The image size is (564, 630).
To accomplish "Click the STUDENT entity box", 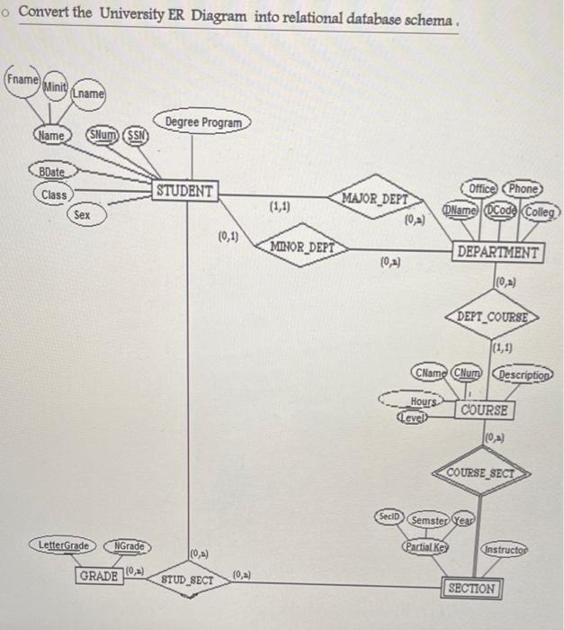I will pos(185,191).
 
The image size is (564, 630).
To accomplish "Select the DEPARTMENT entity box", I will pos(499,253).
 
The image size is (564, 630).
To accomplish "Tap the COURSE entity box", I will pos(485,410).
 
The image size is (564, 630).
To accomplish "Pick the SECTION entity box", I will pos(470,589).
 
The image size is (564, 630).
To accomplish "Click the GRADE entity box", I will pos(99,574).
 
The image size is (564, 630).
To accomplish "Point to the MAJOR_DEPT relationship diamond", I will pos(375,197).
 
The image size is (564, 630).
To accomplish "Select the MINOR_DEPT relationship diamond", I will pos(302,246).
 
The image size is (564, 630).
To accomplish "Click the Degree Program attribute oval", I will pos(203,121).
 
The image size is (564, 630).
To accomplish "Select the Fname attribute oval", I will pos(22,79).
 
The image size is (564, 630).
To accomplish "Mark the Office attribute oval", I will pos(484,189).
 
